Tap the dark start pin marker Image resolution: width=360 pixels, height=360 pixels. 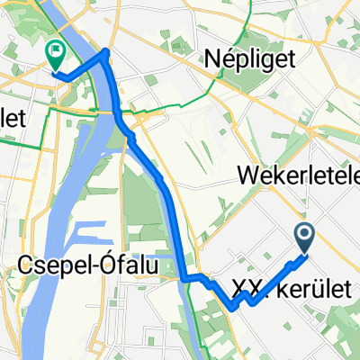[x=303, y=238]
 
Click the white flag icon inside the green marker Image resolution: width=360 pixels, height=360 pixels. [x=56, y=53]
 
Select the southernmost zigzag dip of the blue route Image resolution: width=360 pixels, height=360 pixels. [x=233, y=308]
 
